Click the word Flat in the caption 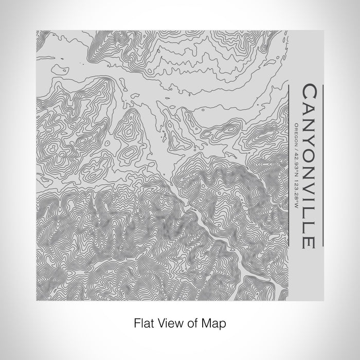tap(143, 324)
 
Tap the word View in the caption tap(171, 324)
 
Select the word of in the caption tap(193, 324)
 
